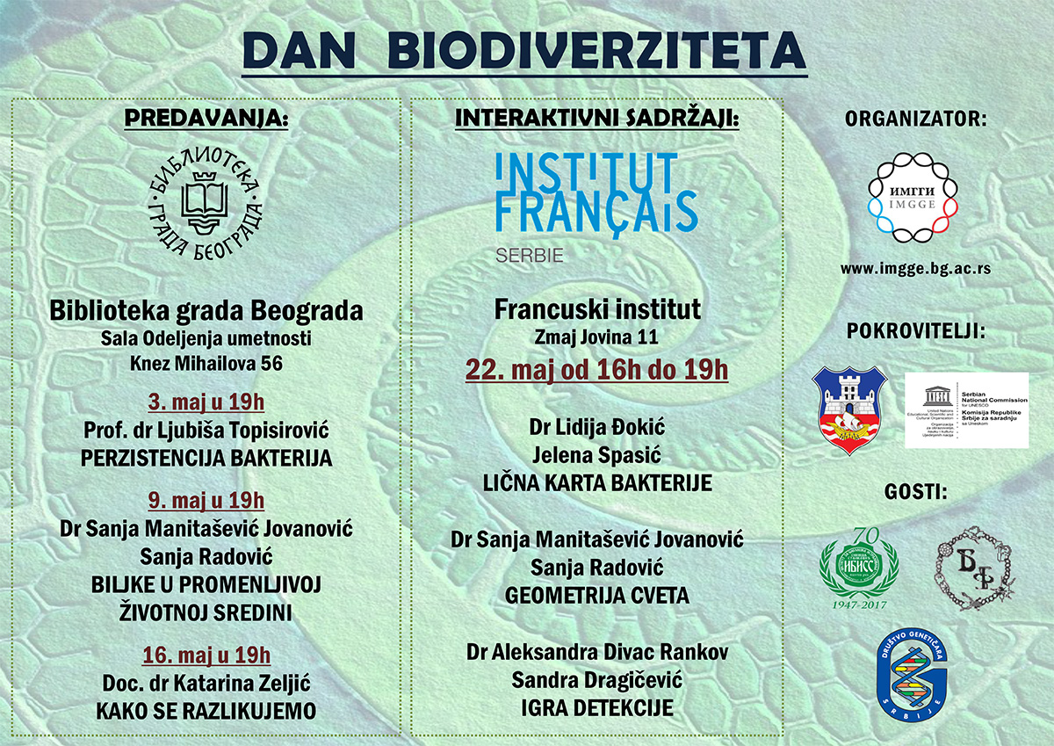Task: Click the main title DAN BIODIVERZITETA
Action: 524,52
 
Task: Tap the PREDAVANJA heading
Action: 206,119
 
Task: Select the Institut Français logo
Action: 596,202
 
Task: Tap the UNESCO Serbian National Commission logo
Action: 966,409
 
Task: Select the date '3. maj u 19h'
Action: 206,404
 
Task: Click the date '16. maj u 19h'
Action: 206,655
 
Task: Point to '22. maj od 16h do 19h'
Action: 596,369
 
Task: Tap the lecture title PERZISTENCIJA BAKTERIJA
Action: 206,458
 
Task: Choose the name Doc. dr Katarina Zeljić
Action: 206,683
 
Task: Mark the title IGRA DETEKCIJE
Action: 596,708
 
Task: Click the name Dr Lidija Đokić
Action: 596,428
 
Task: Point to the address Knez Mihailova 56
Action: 206,363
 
